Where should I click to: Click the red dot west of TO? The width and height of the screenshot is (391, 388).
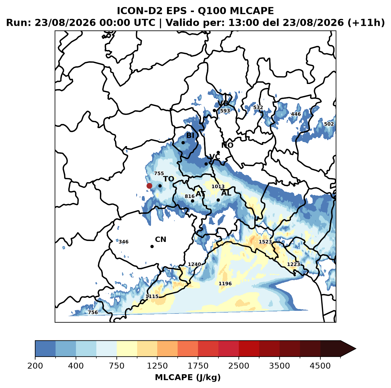[149, 186]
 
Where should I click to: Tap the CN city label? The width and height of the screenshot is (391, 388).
[160, 240]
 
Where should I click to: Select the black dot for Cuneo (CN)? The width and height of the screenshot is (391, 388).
[152, 246]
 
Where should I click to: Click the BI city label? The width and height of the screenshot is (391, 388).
[190, 135]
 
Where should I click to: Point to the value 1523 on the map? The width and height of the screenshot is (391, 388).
[265, 242]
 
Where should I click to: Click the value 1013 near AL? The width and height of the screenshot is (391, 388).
[218, 186]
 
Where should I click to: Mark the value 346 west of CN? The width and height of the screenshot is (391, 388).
[124, 242]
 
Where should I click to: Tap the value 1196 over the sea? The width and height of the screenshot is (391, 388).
[225, 283]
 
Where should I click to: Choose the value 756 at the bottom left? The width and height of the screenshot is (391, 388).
[93, 312]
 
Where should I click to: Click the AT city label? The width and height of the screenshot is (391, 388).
[201, 194]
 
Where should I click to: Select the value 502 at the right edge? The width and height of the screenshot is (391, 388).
[329, 124]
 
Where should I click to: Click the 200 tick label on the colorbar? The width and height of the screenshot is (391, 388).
[35, 366]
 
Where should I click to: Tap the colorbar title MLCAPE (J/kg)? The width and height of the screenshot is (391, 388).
[188, 378]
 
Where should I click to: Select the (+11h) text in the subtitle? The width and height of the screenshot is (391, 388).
[366, 23]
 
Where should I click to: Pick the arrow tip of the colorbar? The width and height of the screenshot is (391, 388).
[356, 349]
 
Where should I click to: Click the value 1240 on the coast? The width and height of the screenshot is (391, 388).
[194, 264]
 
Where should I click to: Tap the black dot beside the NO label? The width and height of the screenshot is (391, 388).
[218, 152]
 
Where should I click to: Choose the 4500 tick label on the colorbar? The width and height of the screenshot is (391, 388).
[320, 366]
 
